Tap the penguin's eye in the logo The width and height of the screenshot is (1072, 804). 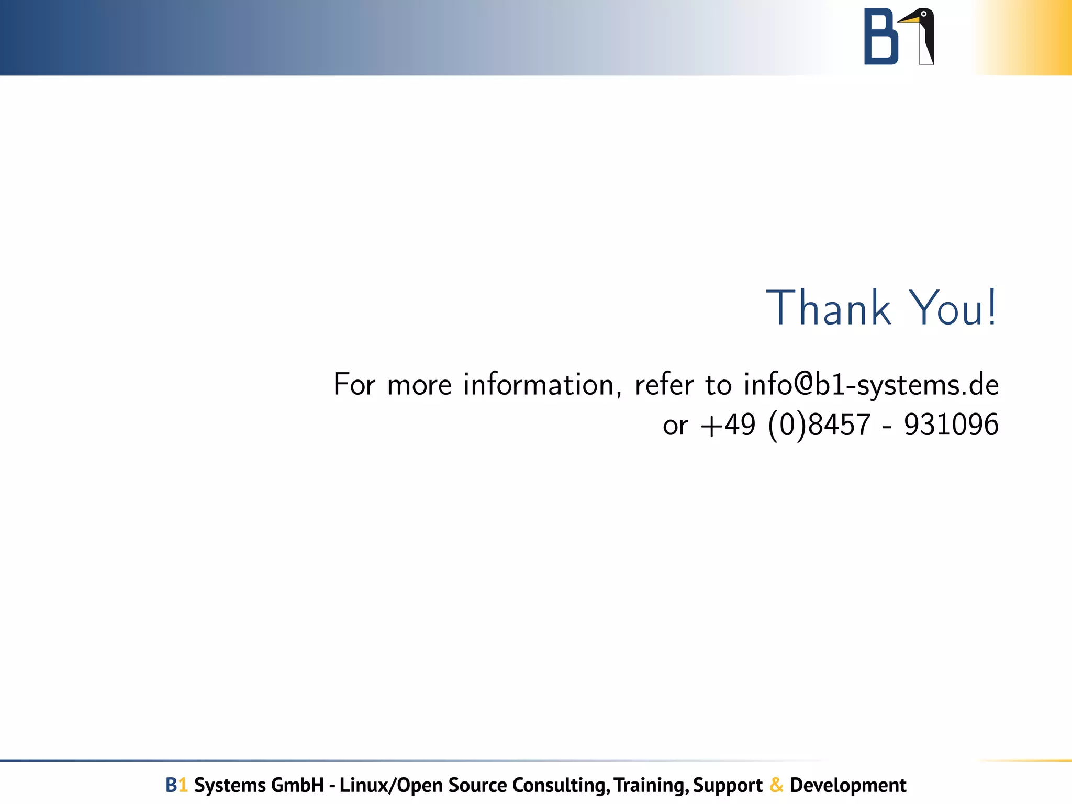click(x=924, y=14)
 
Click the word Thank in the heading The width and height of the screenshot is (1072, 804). click(x=828, y=308)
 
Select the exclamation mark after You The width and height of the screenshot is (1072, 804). click(x=992, y=308)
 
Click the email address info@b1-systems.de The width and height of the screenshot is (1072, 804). click(x=871, y=385)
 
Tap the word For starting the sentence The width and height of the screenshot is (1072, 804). click(x=354, y=385)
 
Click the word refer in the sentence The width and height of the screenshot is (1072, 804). click(x=664, y=385)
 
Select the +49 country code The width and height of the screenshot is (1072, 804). click(x=728, y=425)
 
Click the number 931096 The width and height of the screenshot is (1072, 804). click(x=951, y=425)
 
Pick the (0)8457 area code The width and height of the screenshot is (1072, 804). click(x=819, y=425)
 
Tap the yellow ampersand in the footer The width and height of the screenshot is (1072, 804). click(x=777, y=785)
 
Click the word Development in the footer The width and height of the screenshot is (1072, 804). click(x=848, y=785)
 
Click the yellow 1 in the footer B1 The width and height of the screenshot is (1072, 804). click(x=183, y=785)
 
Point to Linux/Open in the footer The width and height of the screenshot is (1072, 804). click(x=392, y=785)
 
